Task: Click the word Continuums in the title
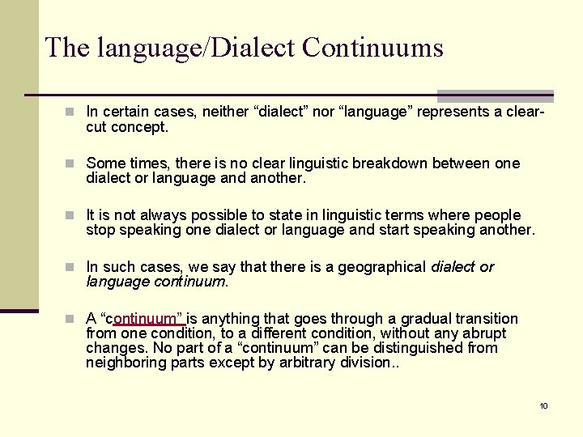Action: [x=372, y=48]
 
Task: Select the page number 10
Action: [x=543, y=405]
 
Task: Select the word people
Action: [x=497, y=215]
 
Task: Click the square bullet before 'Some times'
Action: [x=72, y=163]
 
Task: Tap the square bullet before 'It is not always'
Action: [x=72, y=215]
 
